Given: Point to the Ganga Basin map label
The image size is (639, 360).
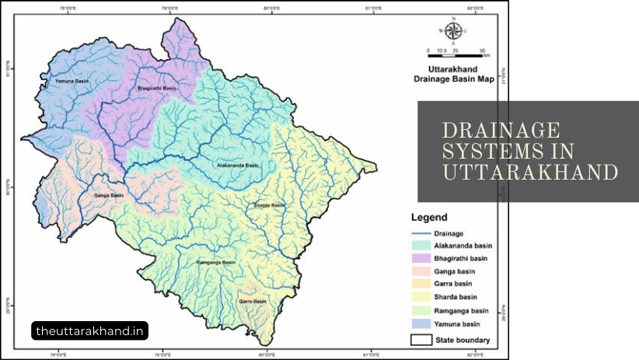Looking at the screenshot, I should (108, 194).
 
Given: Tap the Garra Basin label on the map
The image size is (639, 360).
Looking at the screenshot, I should (249, 300).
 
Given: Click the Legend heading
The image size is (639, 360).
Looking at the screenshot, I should (429, 218).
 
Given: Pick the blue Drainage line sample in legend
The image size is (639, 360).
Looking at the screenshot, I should (423, 233).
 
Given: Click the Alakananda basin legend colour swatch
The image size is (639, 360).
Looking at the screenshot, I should (423, 246).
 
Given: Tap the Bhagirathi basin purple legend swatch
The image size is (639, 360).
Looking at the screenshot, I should (423, 258).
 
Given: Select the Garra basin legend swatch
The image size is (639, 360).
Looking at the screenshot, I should (423, 284).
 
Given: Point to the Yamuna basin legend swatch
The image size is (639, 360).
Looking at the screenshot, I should (423, 322).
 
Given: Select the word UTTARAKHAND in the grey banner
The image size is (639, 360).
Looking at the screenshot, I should (530, 171).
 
